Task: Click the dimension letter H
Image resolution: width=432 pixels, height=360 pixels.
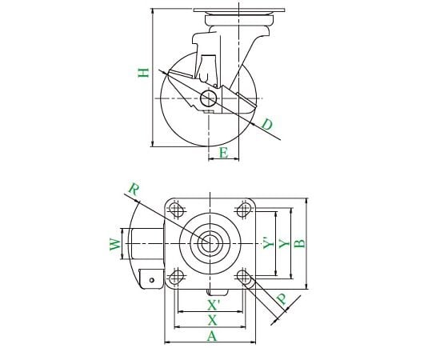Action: tap(143, 73)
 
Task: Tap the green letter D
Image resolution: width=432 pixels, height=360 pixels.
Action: tap(267, 124)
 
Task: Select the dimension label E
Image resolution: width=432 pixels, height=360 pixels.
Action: tap(224, 153)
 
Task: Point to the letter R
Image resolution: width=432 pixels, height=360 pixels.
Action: tap(134, 190)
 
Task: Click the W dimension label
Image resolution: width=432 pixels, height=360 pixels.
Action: tap(115, 244)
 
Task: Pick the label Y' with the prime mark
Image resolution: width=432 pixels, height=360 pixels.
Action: tap(269, 243)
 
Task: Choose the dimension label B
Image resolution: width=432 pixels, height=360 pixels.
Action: tap(300, 243)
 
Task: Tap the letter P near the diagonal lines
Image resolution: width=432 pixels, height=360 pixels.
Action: tap(282, 299)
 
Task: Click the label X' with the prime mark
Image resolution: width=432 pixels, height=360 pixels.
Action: tap(214, 305)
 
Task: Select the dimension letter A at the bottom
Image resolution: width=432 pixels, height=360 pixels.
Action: tap(212, 336)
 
